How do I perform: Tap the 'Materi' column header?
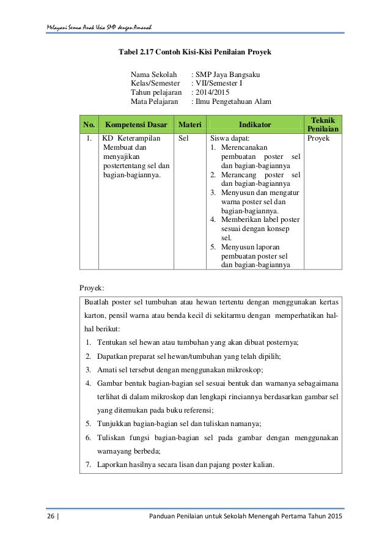[x=190, y=125]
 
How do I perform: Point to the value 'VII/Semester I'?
[x=221, y=83]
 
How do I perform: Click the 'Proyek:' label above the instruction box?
[x=92, y=287]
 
